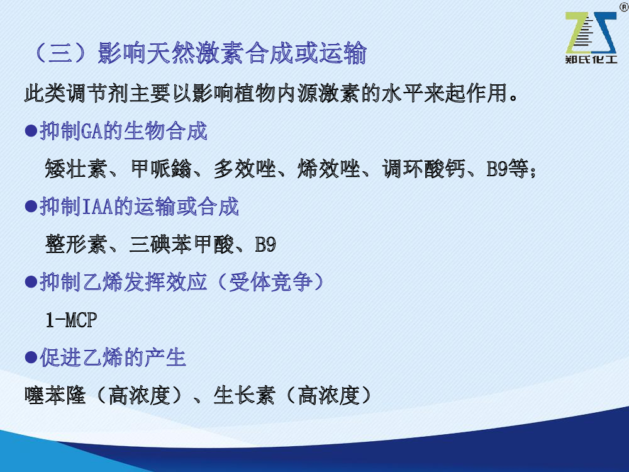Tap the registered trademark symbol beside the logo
pos(625,7)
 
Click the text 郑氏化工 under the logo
pos(591,60)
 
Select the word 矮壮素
pos(75,168)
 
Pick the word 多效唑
pos(245,168)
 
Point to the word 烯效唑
pos(329,168)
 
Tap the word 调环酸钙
pos(423,168)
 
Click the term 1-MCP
pos(71,320)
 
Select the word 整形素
pos(75,244)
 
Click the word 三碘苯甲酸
pos(181,244)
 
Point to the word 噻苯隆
pos(55,395)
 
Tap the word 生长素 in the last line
pos(244,395)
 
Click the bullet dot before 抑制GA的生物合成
pos(31,131)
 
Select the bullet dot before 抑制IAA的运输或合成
pos(31,206)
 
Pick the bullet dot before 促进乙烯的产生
pos(31,357)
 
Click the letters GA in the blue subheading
pos(92,132)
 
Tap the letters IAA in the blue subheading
pos(98,206)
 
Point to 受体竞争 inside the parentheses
pos(270,282)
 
